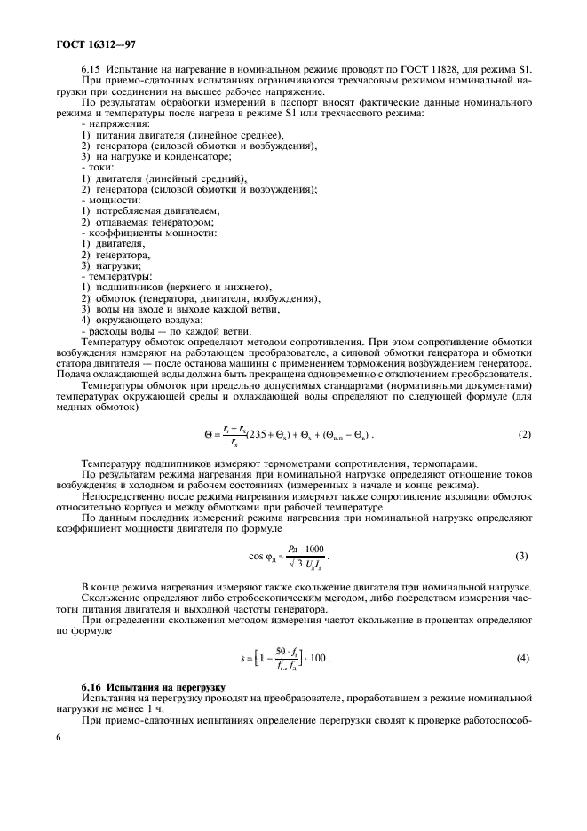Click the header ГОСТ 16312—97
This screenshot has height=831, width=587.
point(84,41)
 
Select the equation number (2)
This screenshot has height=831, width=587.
point(524,435)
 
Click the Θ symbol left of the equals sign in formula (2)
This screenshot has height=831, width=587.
point(206,435)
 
